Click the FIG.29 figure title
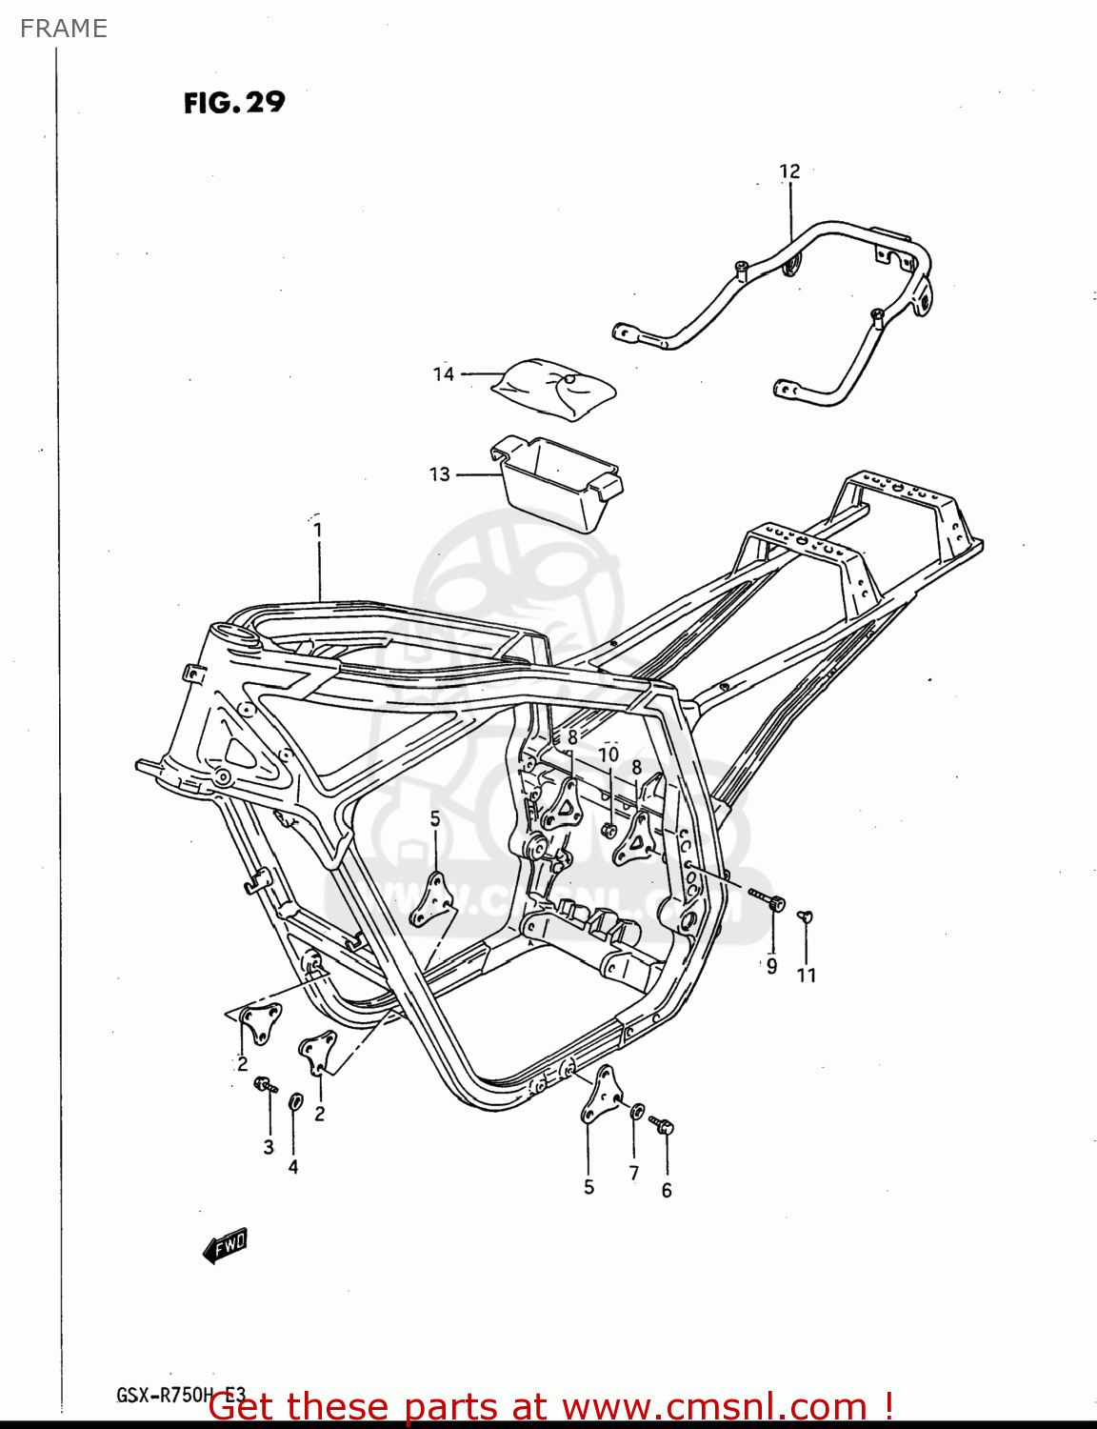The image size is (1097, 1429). coord(234,102)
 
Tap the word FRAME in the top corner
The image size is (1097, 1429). coord(64,29)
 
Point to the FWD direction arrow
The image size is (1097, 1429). coord(226,1244)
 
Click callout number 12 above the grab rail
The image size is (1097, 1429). coord(789,171)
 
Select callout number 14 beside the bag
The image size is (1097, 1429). coord(444,374)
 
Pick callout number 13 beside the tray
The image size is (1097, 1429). coord(439,474)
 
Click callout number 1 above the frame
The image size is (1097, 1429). coord(317,530)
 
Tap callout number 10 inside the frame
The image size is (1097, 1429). coord(608,755)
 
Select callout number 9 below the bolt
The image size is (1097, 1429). coord(771,966)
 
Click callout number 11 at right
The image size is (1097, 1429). coord(807,976)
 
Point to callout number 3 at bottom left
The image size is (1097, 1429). coord(269,1147)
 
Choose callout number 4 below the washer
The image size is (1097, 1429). coord(293,1167)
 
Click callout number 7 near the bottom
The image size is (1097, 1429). coord(634,1174)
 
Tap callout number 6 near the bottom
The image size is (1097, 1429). coord(667,1190)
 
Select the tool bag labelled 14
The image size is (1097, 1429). coord(554,387)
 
